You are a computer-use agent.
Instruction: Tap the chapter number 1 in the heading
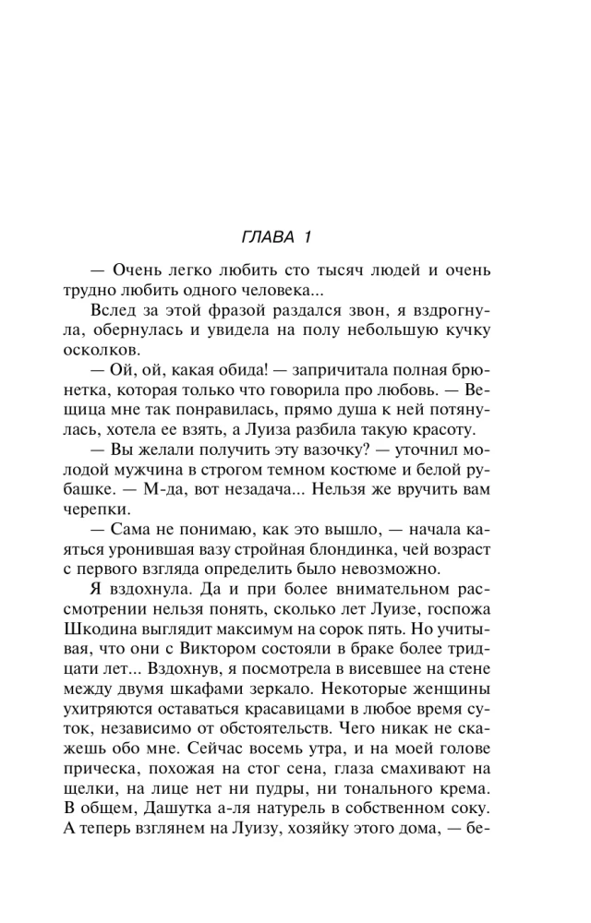[304, 237]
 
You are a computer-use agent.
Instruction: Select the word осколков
[115, 349]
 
